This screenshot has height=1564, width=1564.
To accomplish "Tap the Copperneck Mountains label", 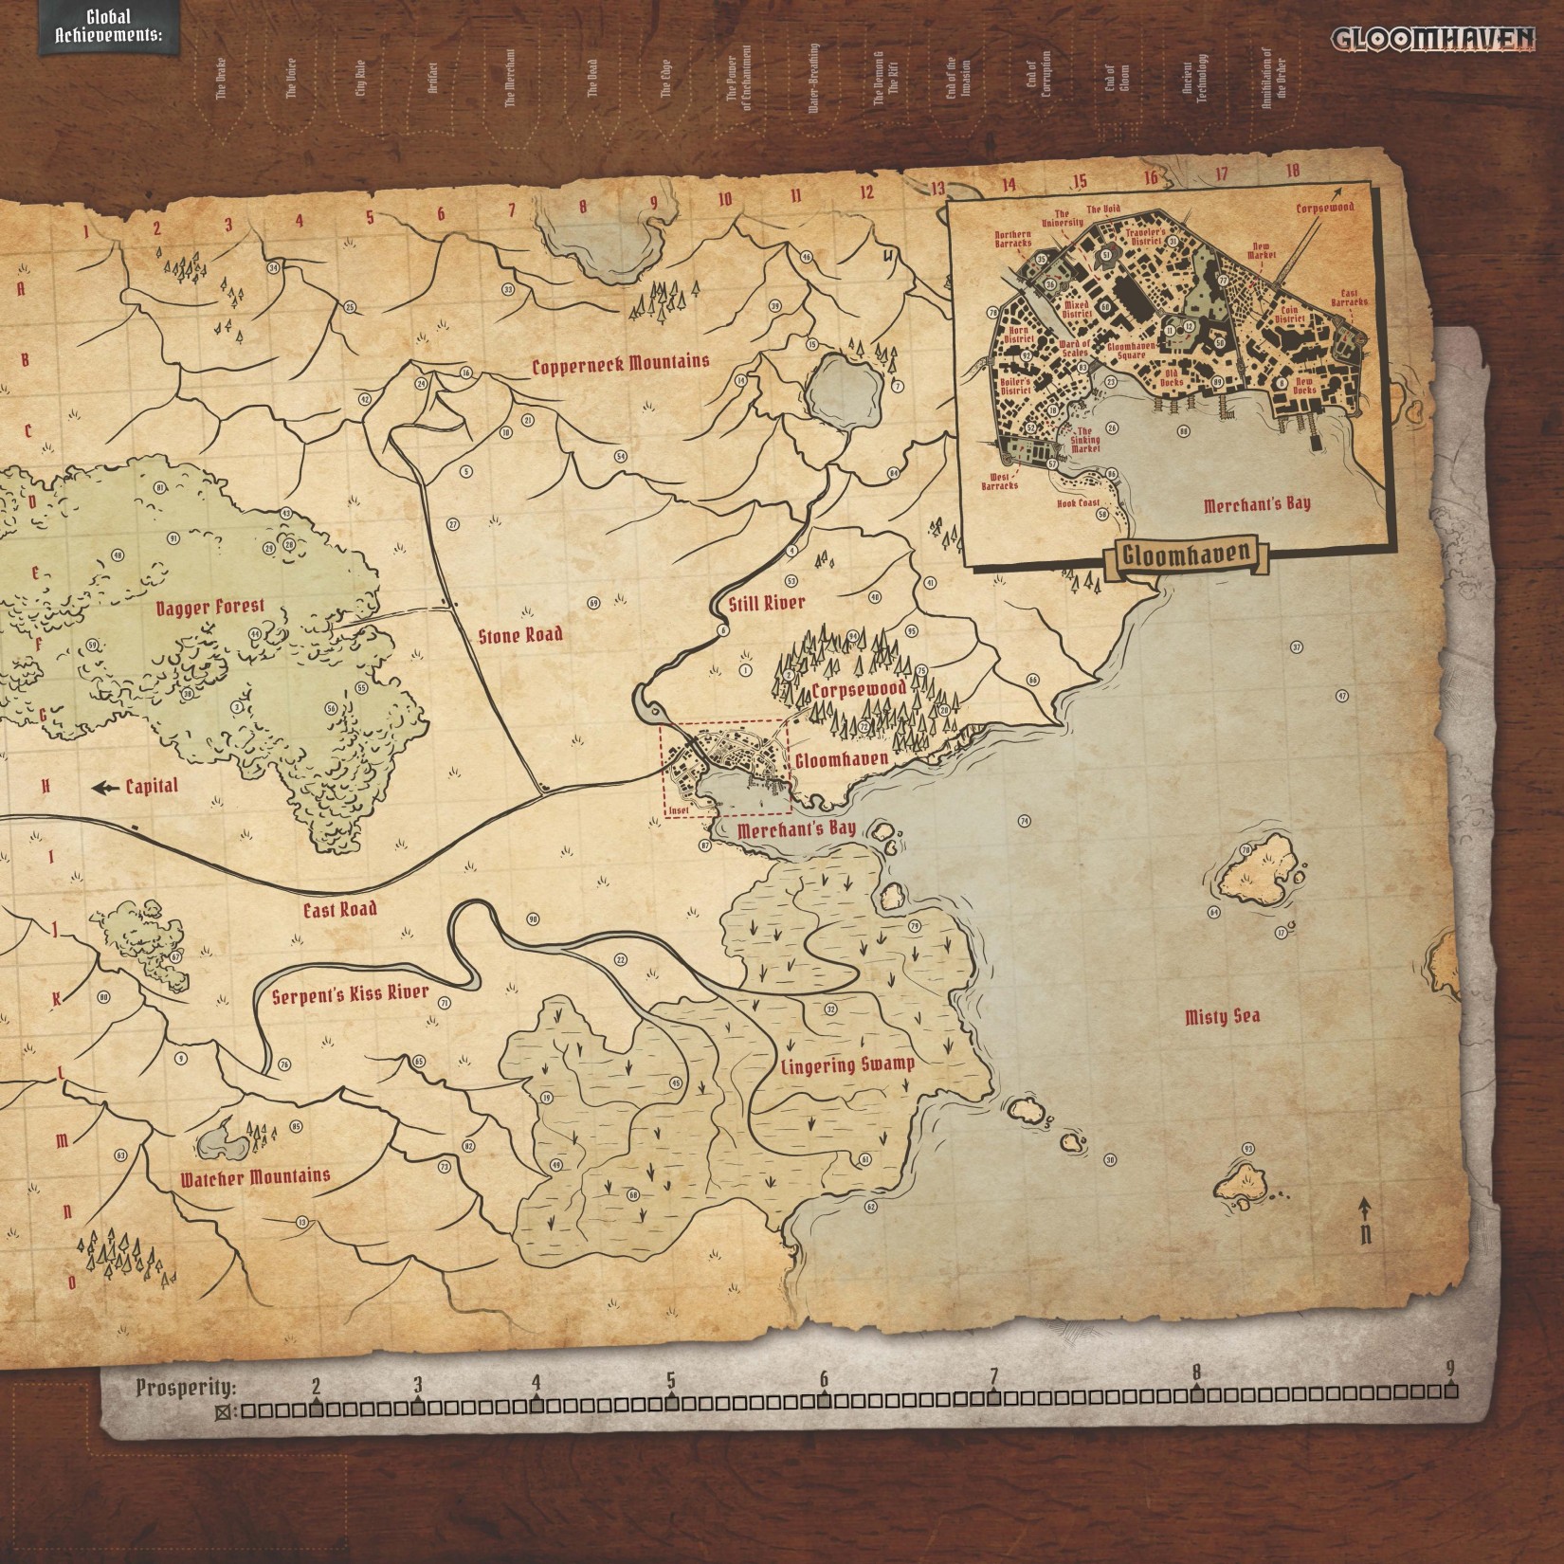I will tap(620, 364).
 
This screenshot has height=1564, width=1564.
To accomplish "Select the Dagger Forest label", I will tap(210, 607).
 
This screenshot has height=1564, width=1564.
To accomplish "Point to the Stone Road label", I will tap(520, 634).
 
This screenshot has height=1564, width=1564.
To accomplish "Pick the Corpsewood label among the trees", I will tap(858, 689).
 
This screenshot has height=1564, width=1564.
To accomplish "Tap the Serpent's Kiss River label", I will tap(350, 995).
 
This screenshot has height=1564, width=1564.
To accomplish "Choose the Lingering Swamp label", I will tap(847, 1064).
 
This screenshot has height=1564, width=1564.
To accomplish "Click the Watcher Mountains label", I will tap(256, 1177).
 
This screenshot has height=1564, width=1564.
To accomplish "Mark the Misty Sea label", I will tap(1222, 1017).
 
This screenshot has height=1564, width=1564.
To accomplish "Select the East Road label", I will tap(339, 909).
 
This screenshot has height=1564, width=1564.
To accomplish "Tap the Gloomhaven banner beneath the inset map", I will tap(1182, 554).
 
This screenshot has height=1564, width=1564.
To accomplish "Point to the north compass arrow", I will tap(1365, 1209).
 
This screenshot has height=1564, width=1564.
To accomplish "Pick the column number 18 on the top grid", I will tap(1293, 171).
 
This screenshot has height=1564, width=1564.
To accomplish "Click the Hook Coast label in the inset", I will tap(1079, 504).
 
